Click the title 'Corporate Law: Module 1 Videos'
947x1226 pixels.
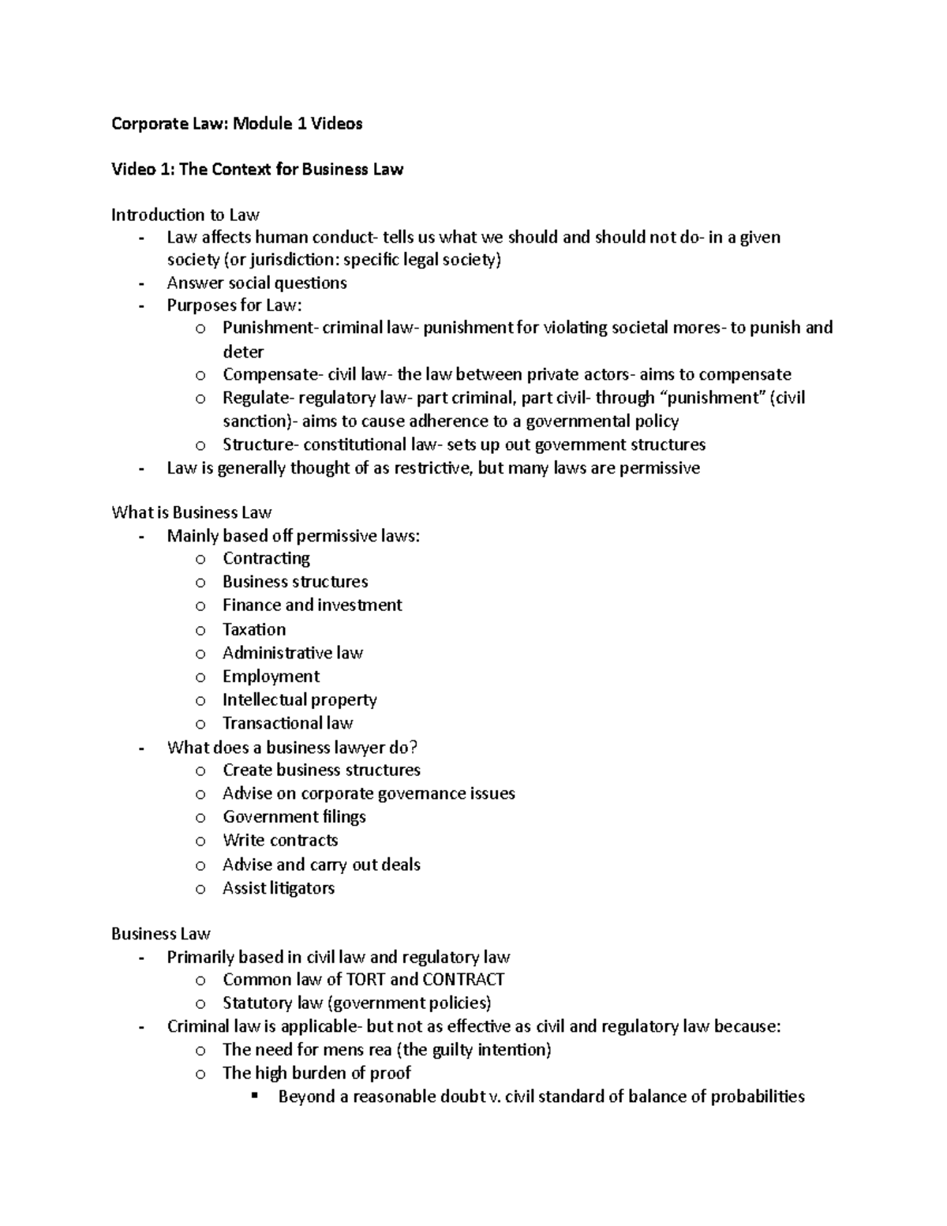tap(237, 123)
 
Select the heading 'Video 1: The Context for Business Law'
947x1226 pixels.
tap(257, 169)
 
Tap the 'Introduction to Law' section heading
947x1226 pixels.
tap(185, 215)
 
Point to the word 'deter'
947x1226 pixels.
tap(242, 351)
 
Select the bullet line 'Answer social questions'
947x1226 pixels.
tap(256, 283)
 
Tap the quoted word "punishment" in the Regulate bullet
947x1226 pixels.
tap(711, 398)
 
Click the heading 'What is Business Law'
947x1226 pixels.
tap(192, 512)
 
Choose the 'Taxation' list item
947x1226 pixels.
tap(254, 629)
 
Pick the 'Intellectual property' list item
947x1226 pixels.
tap(299, 699)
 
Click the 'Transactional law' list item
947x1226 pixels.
tap(287, 723)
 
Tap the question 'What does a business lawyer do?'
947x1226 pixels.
tap(292, 747)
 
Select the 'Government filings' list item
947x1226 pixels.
tap(294, 817)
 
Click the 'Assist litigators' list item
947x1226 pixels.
tap(278, 888)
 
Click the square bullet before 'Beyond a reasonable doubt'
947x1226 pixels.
tap(254, 1096)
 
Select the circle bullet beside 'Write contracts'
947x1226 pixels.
tap(200, 841)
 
